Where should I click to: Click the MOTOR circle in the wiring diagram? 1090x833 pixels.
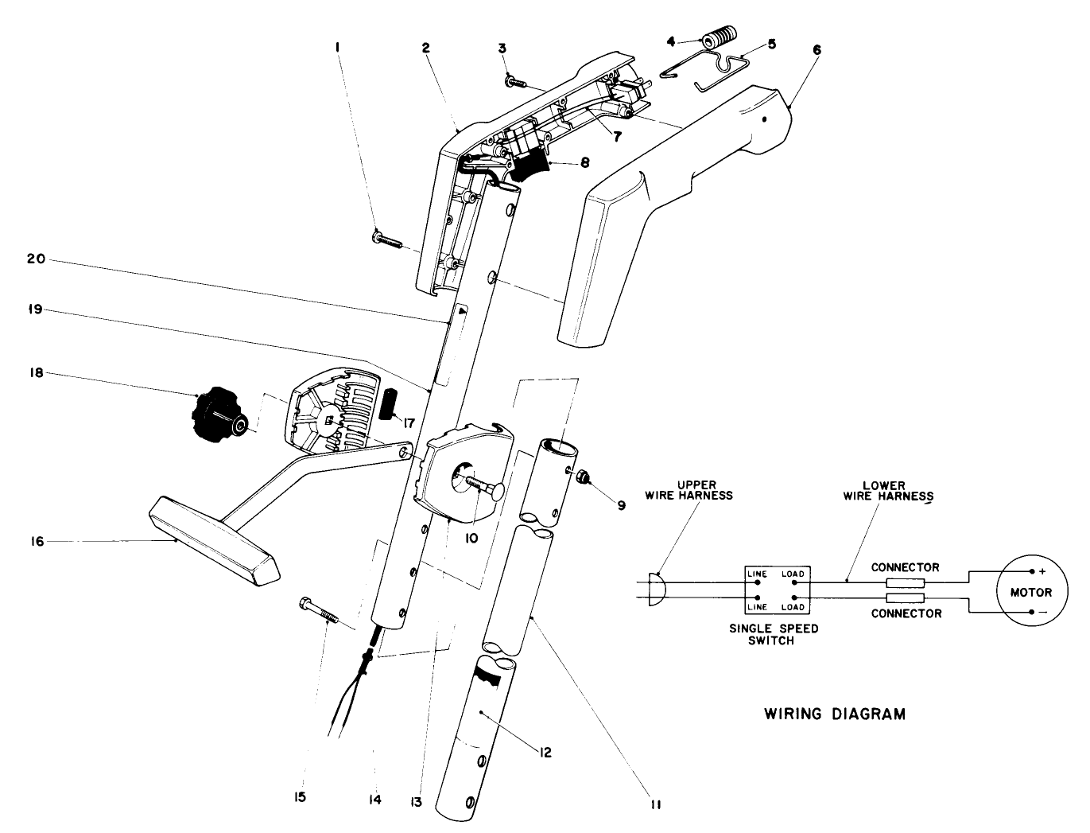click(1030, 592)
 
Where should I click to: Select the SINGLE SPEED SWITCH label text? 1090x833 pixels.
click(774, 634)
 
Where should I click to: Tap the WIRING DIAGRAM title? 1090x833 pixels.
click(834, 714)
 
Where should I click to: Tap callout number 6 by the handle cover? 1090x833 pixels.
click(817, 49)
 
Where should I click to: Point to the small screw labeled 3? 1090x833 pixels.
click(514, 80)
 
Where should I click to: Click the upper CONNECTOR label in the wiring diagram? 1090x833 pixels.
click(905, 568)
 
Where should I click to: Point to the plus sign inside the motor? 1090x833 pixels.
click(1042, 571)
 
